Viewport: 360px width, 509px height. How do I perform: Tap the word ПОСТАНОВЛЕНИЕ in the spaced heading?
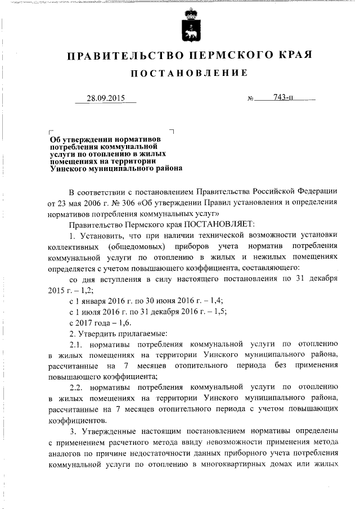click(189, 74)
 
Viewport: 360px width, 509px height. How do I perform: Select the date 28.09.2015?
click(105, 98)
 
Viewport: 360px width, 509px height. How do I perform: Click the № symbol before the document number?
click(251, 100)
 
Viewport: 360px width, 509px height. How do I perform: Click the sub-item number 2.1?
click(75, 343)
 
